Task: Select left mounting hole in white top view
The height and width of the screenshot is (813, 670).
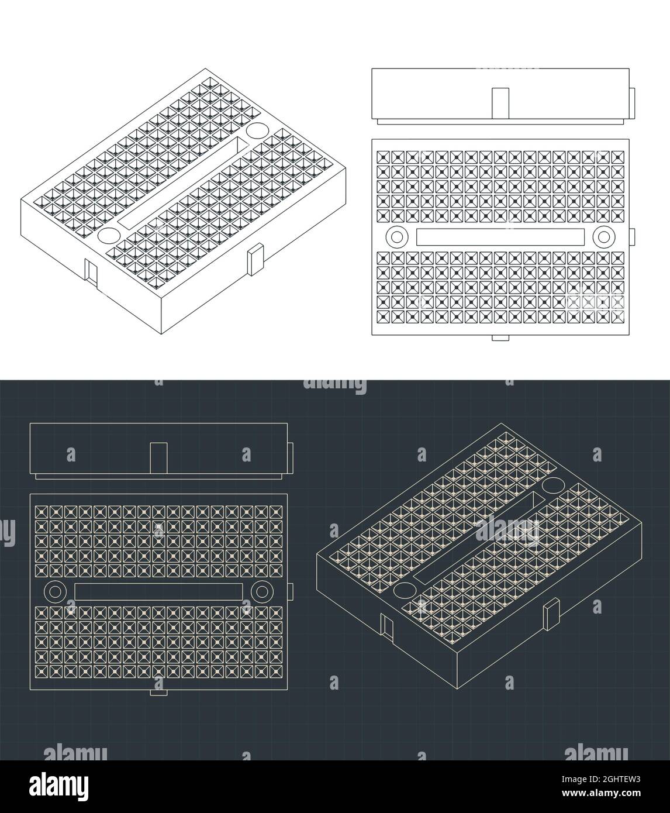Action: (398, 237)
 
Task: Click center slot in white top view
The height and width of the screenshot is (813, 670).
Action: (500, 237)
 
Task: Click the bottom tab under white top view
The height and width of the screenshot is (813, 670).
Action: (500, 338)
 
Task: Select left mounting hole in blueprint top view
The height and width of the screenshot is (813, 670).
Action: (55, 591)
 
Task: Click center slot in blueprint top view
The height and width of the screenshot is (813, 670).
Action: (158, 591)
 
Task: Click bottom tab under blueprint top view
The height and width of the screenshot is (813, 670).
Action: (158, 693)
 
